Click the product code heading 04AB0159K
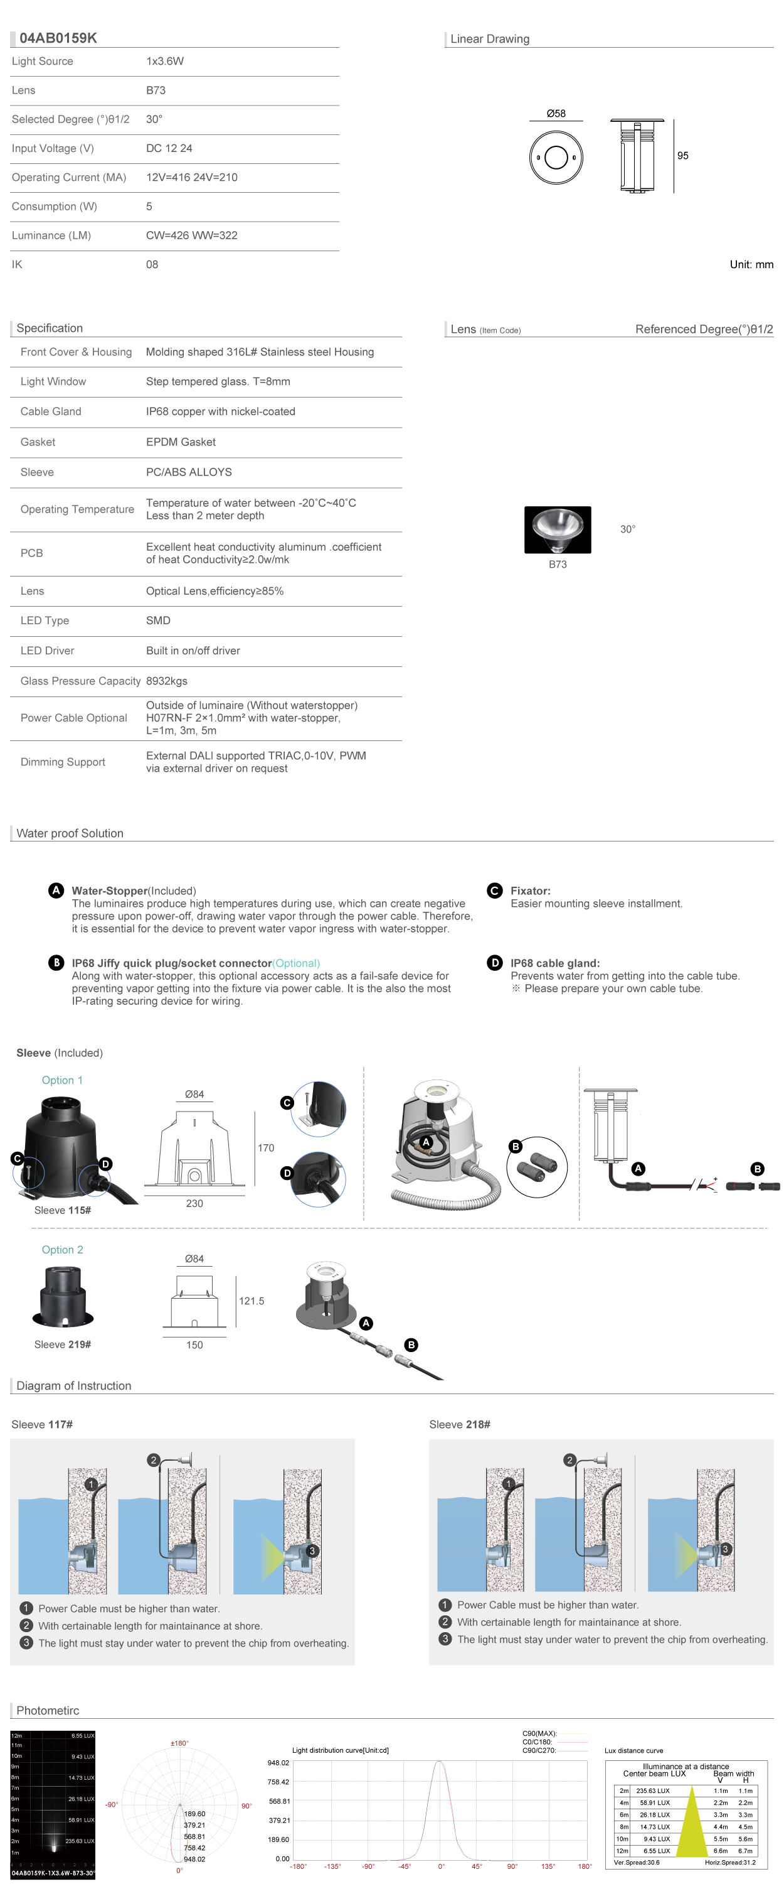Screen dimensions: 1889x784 58,38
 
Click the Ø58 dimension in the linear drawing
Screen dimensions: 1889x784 556,114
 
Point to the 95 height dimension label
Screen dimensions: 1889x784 682,156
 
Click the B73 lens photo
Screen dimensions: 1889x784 557,529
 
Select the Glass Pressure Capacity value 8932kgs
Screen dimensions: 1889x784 166,681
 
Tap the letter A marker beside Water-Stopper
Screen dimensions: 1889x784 56,890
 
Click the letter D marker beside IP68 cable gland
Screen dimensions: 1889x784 495,963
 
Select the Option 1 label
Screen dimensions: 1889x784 62,1080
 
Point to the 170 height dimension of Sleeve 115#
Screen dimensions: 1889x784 265,1147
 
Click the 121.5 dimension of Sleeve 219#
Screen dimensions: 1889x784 252,1301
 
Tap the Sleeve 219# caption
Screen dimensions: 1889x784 62,1344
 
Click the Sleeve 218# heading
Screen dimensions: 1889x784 459,1424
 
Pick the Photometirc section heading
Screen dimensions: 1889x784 48,1710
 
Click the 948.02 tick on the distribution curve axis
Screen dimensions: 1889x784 278,1763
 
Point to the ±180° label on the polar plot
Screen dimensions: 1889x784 179,1743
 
